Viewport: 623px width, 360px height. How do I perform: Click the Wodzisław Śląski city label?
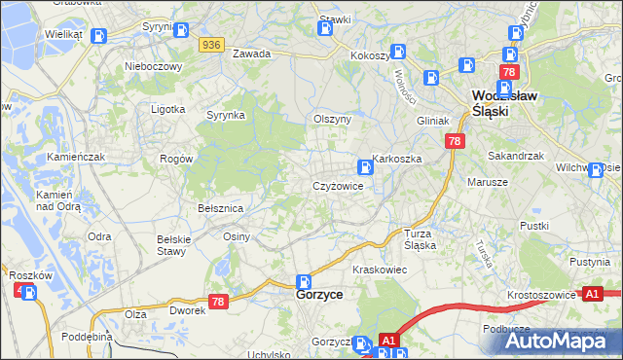tap(504, 103)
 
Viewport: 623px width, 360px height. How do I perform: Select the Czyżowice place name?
tap(338, 186)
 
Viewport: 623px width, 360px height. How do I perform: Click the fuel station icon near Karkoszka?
tap(364, 166)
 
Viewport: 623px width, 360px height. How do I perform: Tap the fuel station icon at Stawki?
tap(326, 28)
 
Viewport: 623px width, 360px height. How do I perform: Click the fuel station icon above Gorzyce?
tap(303, 280)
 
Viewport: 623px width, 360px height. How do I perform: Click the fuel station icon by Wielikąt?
tap(98, 36)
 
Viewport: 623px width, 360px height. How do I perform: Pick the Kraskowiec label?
tap(379, 269)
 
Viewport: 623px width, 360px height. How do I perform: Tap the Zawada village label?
tap(250, 54)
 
